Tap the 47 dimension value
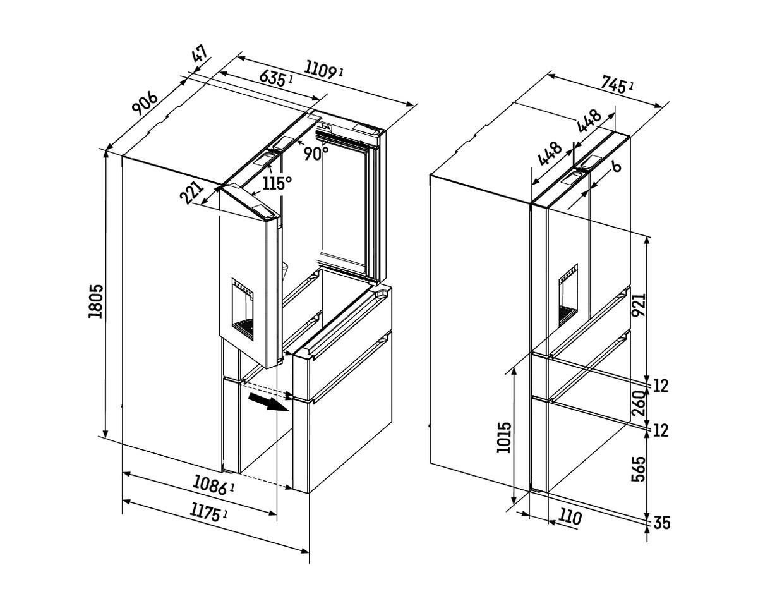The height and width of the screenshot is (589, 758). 200,54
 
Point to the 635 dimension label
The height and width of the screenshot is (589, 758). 273,78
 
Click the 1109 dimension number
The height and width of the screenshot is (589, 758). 322,69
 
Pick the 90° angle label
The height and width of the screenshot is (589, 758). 315,153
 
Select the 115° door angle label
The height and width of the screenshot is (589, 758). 277,183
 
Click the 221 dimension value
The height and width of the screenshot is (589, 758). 192,193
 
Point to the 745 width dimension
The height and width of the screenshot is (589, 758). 615,83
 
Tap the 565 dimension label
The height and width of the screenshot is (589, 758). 639,469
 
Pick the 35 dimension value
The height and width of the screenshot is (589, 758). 661,523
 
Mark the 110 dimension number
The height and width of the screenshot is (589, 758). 569,518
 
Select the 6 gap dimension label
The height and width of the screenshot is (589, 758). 616,166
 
